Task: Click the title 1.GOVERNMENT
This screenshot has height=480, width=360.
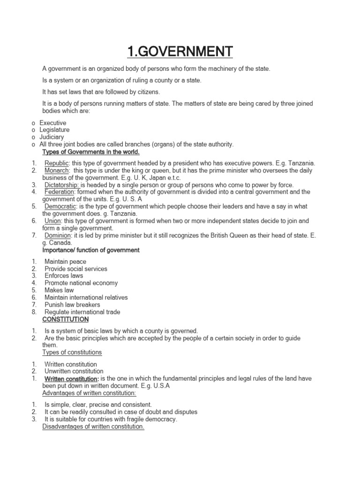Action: [180, 50]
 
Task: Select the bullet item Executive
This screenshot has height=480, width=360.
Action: [52, 123]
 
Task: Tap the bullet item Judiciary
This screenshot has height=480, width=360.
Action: [52, 137]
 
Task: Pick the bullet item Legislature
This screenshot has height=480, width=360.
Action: [54, 130]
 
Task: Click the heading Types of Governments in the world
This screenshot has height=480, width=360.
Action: [91, 152]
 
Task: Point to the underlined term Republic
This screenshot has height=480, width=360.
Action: [56, 163]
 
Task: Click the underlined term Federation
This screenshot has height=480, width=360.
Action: [60, 192]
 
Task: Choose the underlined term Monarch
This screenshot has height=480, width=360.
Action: [57, 170]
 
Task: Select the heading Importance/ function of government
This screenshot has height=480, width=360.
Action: [91, 250]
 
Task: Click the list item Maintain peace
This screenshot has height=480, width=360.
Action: [65, 262]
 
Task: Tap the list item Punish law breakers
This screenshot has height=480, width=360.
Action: [72, 305]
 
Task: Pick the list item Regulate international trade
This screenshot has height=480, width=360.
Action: [82, 312]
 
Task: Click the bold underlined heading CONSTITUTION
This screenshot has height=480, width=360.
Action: [65, 319]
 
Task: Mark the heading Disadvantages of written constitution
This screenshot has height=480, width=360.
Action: [93, 427]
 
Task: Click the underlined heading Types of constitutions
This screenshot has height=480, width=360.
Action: [72, 352]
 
